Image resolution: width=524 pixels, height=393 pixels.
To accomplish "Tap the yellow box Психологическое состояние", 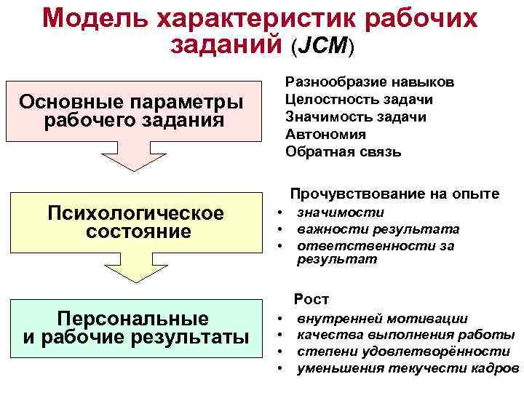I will click(135, 223).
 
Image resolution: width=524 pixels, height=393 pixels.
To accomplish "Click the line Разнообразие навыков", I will click(370, 82).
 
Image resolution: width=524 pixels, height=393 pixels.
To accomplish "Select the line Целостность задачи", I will click(359, 99).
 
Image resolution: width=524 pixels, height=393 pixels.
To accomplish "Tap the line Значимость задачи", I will click(356, 117).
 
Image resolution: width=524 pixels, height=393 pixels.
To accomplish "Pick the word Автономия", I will click(325, 135).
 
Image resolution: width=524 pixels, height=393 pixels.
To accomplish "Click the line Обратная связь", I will click(343, 152).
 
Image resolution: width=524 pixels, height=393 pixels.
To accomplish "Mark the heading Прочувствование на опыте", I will click(394, 194).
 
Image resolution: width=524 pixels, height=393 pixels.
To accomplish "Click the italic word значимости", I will click(340, 213).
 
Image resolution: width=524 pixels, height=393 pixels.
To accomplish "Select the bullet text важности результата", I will click(378, 229).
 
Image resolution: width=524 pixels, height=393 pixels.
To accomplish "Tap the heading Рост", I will click(311, 299).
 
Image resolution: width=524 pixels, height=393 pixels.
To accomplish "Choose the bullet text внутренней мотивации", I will click(383, 319).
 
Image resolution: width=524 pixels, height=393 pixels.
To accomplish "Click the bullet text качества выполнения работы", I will click(405, 335).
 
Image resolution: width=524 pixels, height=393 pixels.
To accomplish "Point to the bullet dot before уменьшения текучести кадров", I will click(280, 369).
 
